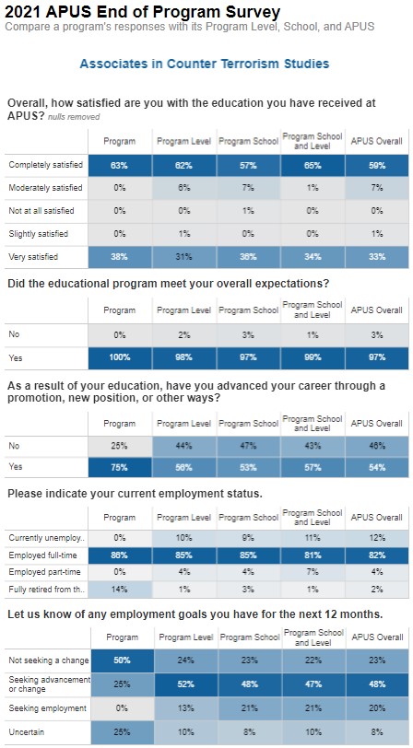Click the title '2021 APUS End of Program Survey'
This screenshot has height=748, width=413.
pyautogui.click(x=142, y=11)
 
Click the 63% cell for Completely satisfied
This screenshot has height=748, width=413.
pyautogui.click(x=119, y=165)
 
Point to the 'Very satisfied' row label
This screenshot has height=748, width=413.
pyautogui.click(x=32, y=257)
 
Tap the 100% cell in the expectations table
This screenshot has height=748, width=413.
pyautogui.click(x=119, y=356)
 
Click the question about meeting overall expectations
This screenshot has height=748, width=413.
pyautogui.click(x=168, y=283)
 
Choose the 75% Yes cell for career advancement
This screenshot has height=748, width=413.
pyautogui.click(x=119, y=467)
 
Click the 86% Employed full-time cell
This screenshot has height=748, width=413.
pyautogui.click(x=119, y=556)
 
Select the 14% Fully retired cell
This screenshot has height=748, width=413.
pyautogui.click(x=119, y=590)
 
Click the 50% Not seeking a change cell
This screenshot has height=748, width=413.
pyautogui.click(x=119, y=660)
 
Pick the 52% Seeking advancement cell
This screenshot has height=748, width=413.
pyautogui.click(x=184, y=684)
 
